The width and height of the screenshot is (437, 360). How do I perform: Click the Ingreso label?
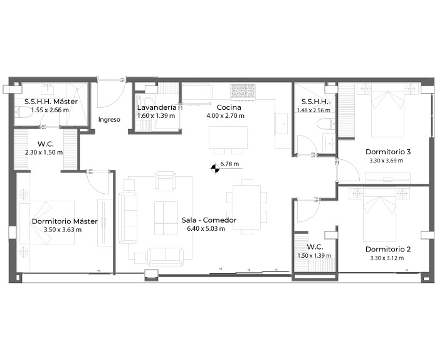click(x=109, y=120)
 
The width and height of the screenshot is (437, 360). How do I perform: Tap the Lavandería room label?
click(x=157, y=107)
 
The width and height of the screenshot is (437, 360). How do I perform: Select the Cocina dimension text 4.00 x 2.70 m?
click(x=225, y=116)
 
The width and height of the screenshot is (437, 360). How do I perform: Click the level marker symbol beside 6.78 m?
click(x=215, y=168)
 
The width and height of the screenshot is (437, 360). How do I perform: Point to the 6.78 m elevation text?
click(x=229, y=164)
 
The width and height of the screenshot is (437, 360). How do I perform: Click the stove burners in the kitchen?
click(x=243, y=91)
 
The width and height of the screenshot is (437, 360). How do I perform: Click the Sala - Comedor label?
click(x=209, y=220)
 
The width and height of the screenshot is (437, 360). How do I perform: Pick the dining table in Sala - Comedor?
click(x=247, y=207)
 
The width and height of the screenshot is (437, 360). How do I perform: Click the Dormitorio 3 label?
click(x=388, y=152)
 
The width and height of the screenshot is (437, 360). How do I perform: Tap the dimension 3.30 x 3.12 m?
click(x=387, y=258)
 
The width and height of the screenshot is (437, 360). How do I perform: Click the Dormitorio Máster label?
click(x=65, y=221)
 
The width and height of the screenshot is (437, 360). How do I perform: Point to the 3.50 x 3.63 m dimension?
click(x=63, y=230)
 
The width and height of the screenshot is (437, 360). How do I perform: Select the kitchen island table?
click(x=228, y=137)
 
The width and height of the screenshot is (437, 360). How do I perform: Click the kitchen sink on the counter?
click(x=281, y=124)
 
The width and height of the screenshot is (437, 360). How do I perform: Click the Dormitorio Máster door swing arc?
click(x=97, y=183)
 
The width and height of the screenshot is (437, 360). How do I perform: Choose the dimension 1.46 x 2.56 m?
click(x=313, y=110)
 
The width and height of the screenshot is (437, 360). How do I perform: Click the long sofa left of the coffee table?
click(x=128, y=218)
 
